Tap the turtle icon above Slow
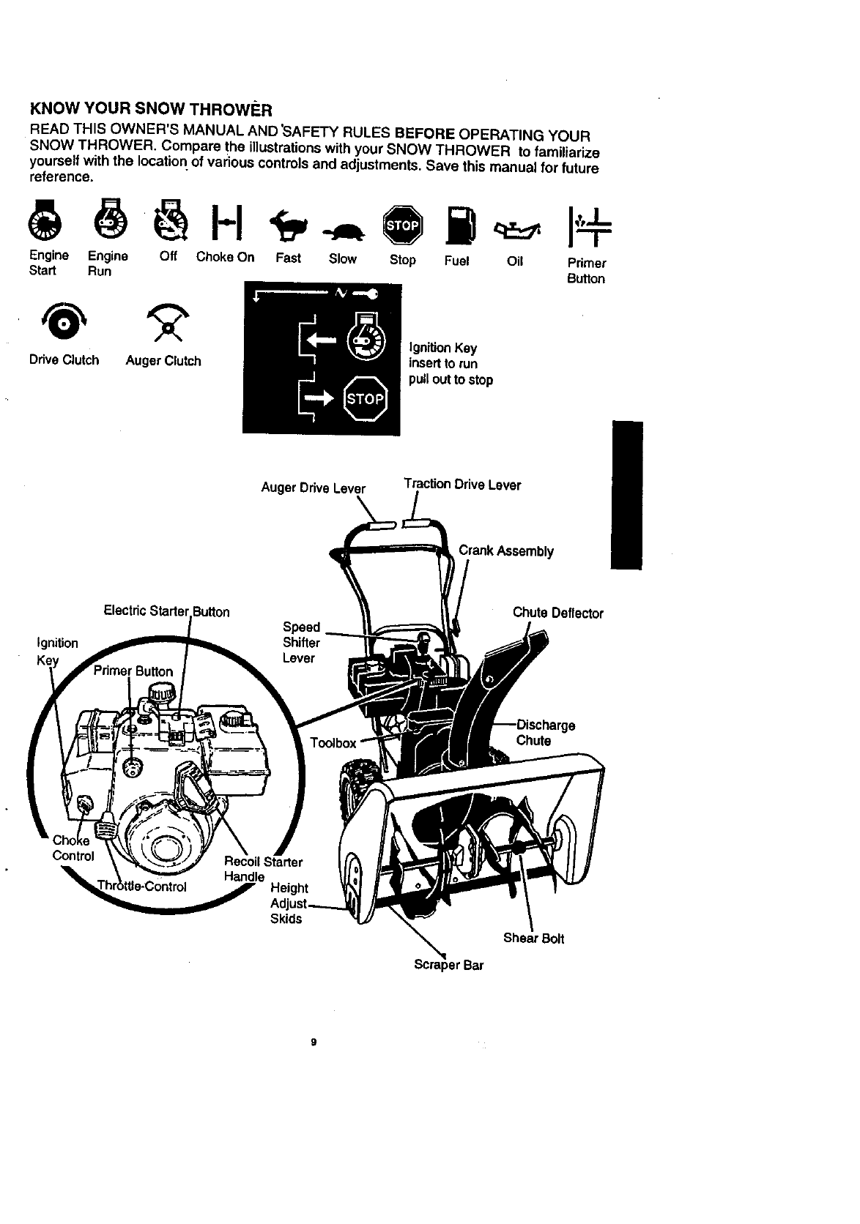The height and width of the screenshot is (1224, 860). point(342,230)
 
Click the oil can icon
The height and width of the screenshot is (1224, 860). point(516,228)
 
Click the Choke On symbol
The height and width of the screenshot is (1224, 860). point(223,223)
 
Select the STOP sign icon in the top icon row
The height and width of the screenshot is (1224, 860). point(403,223)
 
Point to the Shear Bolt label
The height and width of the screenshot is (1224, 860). point(533,938)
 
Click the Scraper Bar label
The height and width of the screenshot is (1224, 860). point(448,965)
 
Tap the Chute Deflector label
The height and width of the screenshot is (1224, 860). point(557,613)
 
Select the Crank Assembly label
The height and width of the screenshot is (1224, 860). point(505,551)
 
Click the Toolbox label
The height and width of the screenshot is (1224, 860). point(333,744)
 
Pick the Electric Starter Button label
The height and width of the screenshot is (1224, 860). point(166,612)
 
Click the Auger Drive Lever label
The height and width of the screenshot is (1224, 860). point(313,488)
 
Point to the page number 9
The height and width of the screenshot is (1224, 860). point(313,1042)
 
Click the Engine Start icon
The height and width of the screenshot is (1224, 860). point(45,224)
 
